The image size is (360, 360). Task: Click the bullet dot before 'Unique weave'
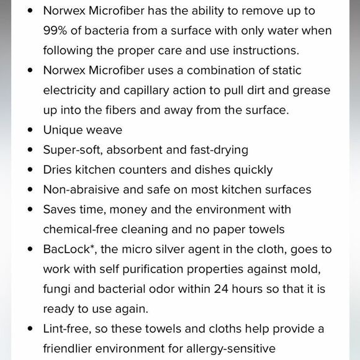coord(30,130)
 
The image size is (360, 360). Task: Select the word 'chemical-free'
coord(81,230)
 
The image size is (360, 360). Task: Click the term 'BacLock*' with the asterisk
coord(69,250)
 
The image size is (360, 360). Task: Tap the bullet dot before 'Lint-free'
coord(30,329)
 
